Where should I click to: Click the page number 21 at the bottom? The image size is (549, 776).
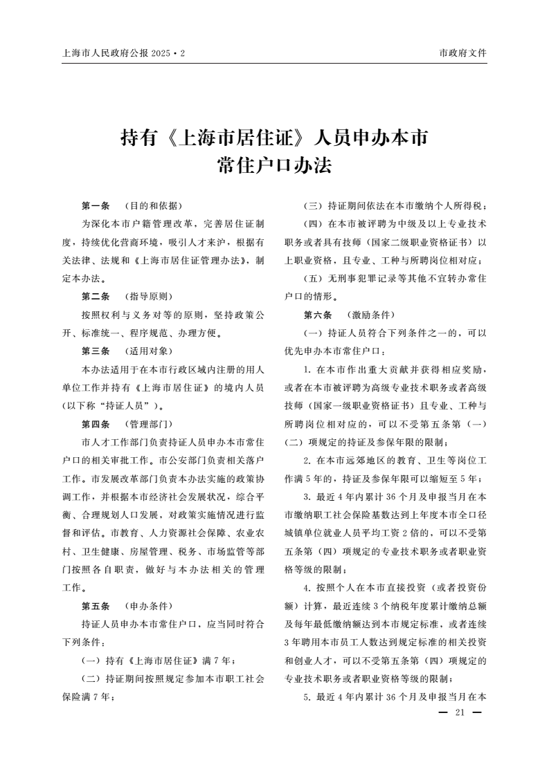(x=458, y=713)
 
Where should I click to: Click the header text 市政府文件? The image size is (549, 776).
(x=462, y=53)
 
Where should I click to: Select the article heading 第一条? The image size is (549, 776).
(x=96, y=206)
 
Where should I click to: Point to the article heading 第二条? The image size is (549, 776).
(x=96, y=297)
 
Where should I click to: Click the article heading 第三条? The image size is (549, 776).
(x=96, y=351)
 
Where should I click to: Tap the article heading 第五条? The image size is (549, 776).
(x=96, y=605)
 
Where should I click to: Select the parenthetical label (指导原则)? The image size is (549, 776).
(x=148, y=297)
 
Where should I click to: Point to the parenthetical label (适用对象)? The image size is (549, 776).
(x=148, y=351)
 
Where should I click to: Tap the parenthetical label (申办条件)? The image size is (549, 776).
(x=148, y=605)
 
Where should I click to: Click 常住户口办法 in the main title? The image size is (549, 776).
(x=274, y=166)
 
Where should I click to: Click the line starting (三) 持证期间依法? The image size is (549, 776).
(x=395, y=206)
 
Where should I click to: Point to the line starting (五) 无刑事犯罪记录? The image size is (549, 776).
(x=395, y=279)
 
